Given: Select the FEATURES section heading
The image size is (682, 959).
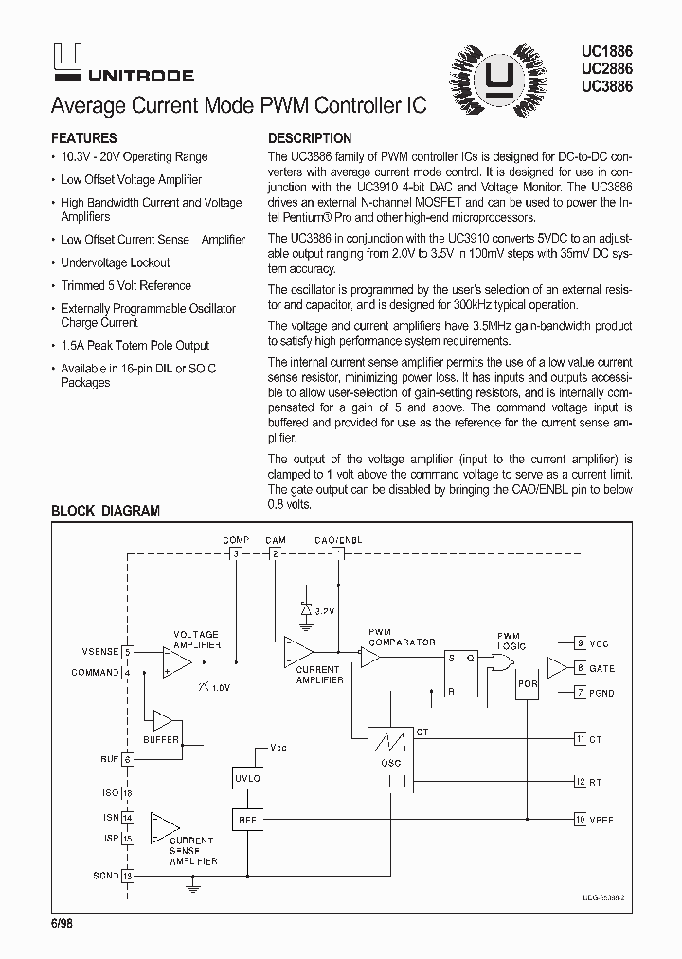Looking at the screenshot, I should (x=84, y=138).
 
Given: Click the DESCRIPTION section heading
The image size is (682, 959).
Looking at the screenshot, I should (x=310, y=138).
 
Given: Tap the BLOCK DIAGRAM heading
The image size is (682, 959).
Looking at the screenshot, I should (x=105, y=511).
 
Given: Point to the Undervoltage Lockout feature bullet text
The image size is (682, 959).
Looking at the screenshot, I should (x=116, y=262).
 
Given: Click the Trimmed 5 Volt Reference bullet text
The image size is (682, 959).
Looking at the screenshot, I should (x=126, y=285).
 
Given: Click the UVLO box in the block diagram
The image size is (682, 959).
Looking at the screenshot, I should (x=246, y=778).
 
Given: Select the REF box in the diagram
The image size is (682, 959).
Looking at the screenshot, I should (x=246, y=820).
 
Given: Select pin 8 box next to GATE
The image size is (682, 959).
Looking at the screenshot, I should (x=580, y=668).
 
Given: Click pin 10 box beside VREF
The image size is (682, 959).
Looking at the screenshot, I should (x=580, y=820).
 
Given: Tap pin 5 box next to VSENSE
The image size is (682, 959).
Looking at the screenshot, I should (x=127, y=652).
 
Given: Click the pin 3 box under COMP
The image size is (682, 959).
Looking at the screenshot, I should (x=236, y=552).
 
